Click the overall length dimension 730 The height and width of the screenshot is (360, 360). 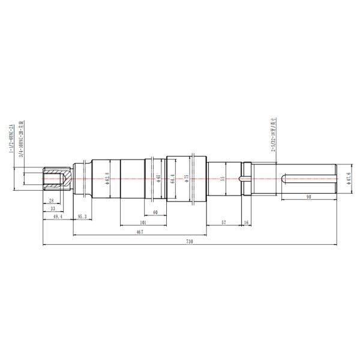tap(190, 241)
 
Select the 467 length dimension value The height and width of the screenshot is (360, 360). tap(139, 231)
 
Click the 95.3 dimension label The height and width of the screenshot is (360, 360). tap(82, 216)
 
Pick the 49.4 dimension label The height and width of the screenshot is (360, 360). tap(58, 216)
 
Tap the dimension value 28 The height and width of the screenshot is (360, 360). tap(51, 200)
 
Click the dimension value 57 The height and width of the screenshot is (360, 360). tap(223, 221)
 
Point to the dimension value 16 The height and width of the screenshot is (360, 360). tap(247, 221)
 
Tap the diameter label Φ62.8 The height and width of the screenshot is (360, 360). tap(107, 178)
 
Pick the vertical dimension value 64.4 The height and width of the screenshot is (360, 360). tap(173, 179)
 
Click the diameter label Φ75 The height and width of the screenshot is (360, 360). tap(187, 178)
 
